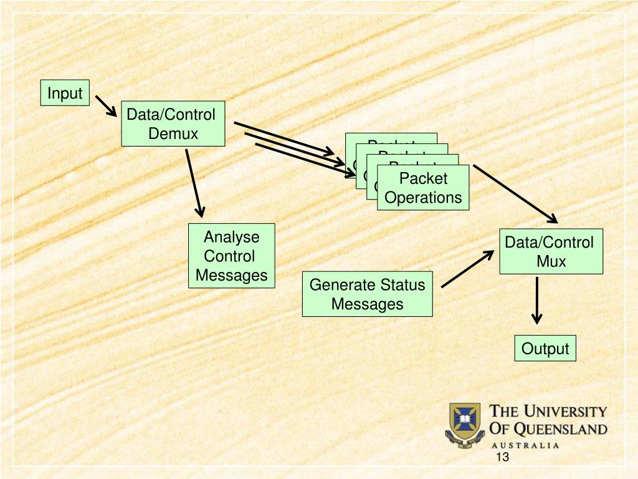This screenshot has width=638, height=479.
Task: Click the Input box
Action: point(65,93)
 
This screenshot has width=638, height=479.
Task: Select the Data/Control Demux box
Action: point(173,123)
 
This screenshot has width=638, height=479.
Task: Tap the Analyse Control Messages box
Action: point(231,256)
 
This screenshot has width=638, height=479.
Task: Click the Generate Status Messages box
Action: point(367,294)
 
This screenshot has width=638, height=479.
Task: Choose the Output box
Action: point(545,349)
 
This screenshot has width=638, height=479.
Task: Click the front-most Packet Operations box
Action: point(423,188)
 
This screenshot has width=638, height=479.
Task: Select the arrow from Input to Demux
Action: point(107,106)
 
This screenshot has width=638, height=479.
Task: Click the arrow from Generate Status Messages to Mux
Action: point(467,269)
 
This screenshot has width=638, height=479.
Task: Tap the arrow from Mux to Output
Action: point(537,300)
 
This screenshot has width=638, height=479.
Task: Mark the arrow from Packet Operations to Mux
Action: point(515,193)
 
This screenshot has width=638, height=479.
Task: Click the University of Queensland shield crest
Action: point(465,423)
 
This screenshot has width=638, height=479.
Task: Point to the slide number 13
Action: point(502,458)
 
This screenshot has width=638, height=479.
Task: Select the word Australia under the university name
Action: point(525,445)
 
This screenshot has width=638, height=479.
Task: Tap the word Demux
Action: point(173,133)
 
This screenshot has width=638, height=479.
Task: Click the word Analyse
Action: point(231,237)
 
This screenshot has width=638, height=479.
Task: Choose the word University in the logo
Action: point(564,412)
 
